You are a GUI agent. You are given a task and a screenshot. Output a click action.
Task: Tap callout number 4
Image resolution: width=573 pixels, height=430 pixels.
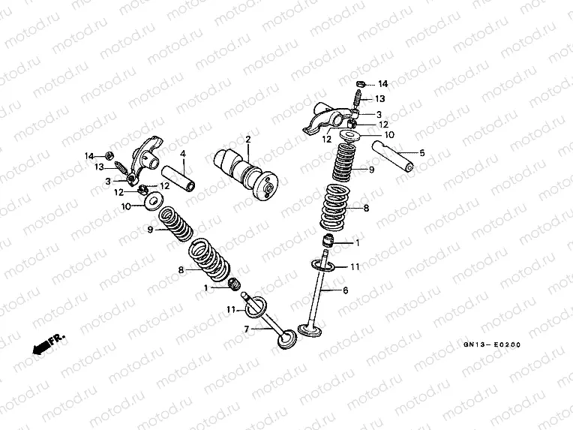182,154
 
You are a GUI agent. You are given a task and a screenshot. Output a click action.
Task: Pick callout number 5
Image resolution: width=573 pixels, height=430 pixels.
421,153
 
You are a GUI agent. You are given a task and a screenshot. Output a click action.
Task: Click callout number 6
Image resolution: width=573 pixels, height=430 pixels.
346,290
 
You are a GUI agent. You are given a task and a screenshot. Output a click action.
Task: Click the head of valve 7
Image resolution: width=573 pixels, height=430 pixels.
286,338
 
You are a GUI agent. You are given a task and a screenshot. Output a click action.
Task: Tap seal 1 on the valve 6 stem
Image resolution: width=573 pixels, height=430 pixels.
327,241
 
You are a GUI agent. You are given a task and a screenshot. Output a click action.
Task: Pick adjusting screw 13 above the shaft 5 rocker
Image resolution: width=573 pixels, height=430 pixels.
358,98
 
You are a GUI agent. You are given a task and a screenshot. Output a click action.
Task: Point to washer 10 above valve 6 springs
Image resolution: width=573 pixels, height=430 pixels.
350,136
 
